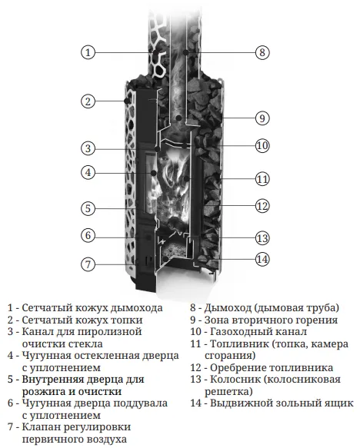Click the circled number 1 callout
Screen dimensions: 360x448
(88, 52)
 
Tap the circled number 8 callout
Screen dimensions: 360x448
(262, 52)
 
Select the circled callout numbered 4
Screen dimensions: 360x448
(88, 173)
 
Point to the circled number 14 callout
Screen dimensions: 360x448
(262, 259)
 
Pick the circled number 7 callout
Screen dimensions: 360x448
(88, 264)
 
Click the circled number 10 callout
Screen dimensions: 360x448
(262, 146)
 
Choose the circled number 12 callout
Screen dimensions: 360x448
(262, 206)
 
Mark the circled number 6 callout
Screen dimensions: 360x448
(88, 235)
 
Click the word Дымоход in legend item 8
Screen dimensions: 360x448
(228, 308)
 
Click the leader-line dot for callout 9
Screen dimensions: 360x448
(178, 118)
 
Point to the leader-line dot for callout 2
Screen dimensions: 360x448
(126, 101)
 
